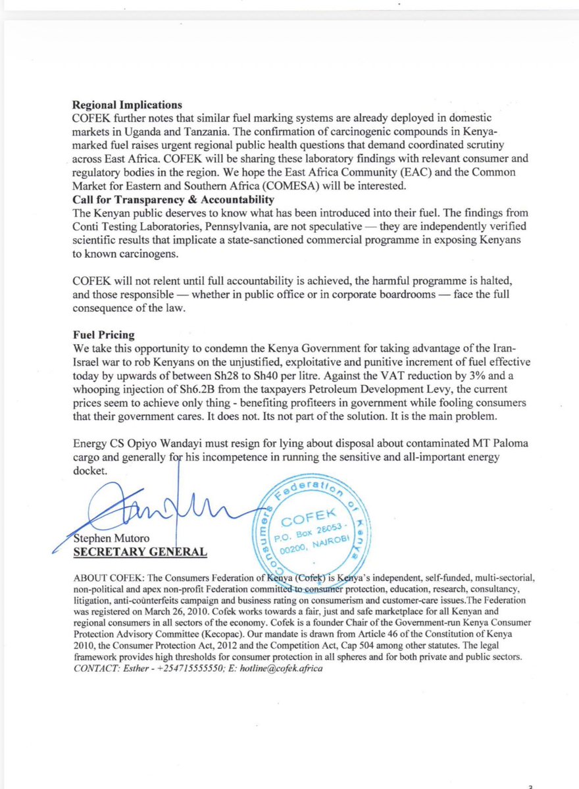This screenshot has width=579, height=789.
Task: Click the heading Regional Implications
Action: pyautogui.click(x=127, y=105)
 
